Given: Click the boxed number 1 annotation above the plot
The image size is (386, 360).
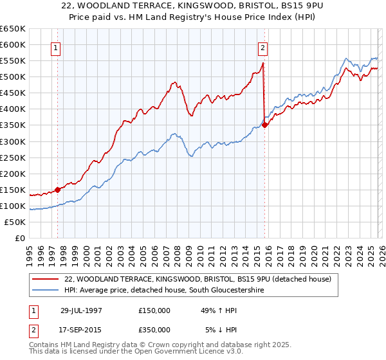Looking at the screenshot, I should (56, 47).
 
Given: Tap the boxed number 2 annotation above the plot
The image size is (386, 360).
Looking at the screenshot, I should (263, 47).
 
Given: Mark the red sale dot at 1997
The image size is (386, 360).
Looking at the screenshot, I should (58, 189).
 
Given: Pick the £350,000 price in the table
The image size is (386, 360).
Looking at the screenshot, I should (154, 329).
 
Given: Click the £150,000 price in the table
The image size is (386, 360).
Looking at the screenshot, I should (154, 310).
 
